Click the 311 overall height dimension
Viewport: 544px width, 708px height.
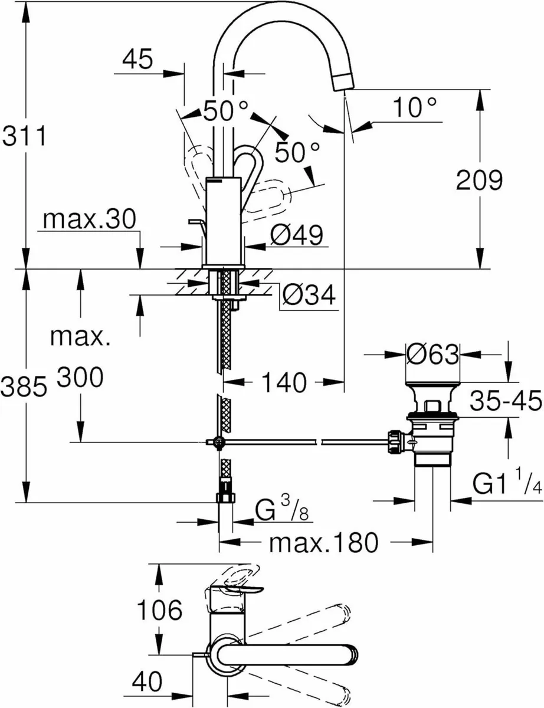(23, 137)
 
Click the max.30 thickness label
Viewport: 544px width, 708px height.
(90, 220)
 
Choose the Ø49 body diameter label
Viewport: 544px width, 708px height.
(296, 236)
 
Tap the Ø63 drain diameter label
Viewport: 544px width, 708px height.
(433, 355)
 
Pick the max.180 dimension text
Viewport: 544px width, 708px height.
(323, 542)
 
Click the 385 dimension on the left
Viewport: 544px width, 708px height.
(23, 388)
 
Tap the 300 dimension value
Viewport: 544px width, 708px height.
(80, 376)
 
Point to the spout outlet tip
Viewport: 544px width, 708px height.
(344, 82)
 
